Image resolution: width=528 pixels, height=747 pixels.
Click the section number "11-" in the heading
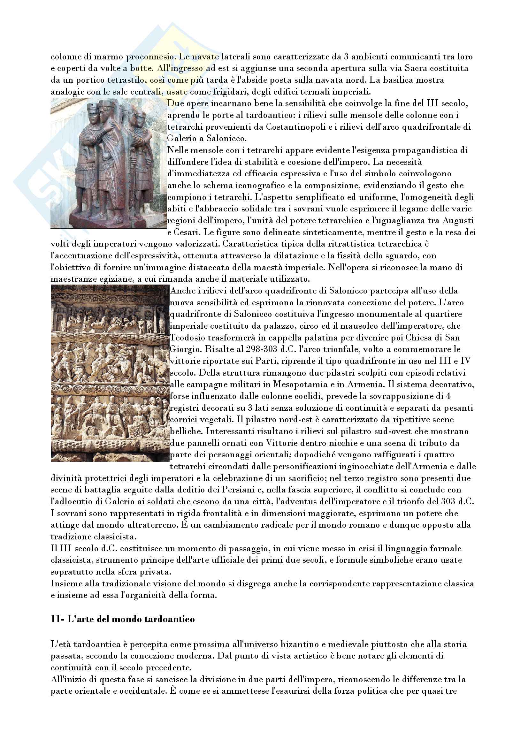pos(57,619)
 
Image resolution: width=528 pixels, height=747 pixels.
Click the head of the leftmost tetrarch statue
pos(91,116)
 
